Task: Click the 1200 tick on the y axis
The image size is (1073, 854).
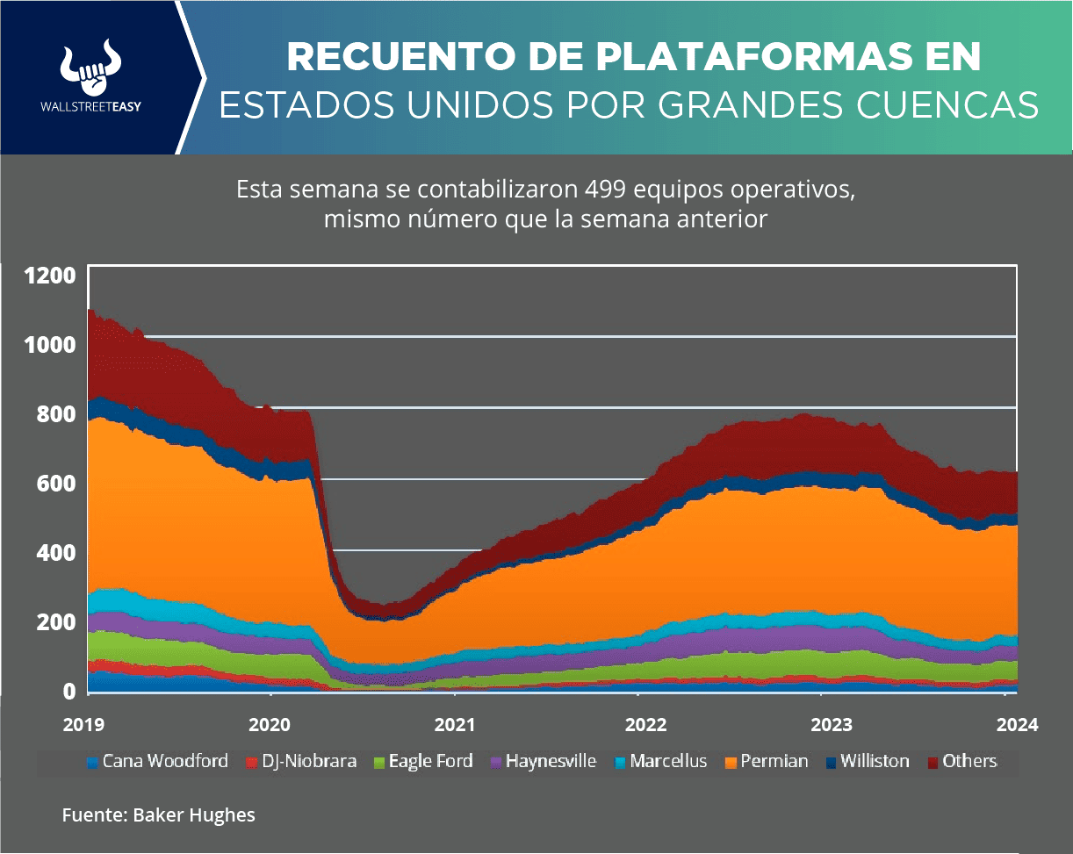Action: point(51,275)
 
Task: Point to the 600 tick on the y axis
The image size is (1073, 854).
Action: point(56,483)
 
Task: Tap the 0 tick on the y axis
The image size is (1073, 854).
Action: point(68,691)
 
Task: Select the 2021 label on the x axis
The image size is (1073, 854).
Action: point(454,725)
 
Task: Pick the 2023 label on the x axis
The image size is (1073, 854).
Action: point(821,725)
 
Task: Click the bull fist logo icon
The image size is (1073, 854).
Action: point(91,68)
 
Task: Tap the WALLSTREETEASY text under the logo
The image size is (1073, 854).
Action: point(91,107)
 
